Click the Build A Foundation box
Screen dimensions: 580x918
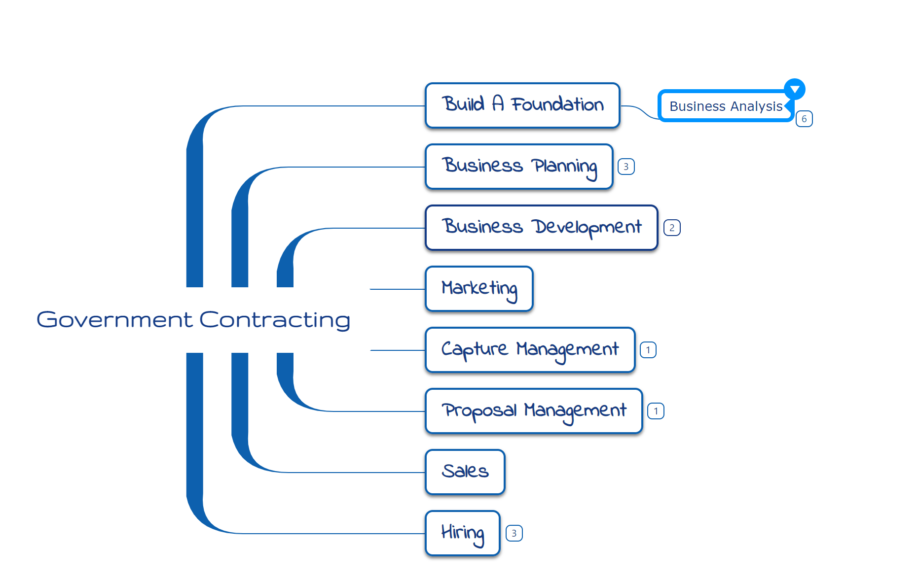pyautogui.click(x=522, y=105)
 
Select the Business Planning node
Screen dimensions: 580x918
pyautogui.click(x=518, y=166)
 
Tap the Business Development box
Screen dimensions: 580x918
pyautogui.click(x=541, y=227)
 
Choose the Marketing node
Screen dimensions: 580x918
pyautogui.click(x=478, y=288)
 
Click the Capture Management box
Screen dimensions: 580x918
pyautogui.click(x=530, y=349)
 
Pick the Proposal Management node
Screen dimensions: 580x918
pyautogui.click(x=533, y=410)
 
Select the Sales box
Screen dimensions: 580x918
pyautogui.click(x=465, y=472)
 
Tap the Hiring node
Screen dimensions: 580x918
pyautogui.click(x=462, y=533)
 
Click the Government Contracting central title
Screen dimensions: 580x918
pyautogui.click(x=193, y=319)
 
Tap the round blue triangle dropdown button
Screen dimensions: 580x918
pyautogui.click(x=795, y=89)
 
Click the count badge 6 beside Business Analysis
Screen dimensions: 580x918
pyautogui.click(x=804, y=119)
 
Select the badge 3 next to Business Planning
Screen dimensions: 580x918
pyautogui.click(x=626, y=167)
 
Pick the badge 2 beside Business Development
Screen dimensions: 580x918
pyautogui.click(x=672, y=228)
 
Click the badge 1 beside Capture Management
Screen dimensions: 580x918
pyautogui.click(x=648, y=350)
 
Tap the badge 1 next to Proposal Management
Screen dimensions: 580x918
pyautogui.click(x=656, y=411)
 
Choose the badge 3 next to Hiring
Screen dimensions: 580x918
pyautogui.click(x=514, y=533)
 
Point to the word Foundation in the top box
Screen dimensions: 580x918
pyautogui.click(x=557, y=104)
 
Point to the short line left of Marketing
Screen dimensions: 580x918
pyautogui.click(x=397, y=289)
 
